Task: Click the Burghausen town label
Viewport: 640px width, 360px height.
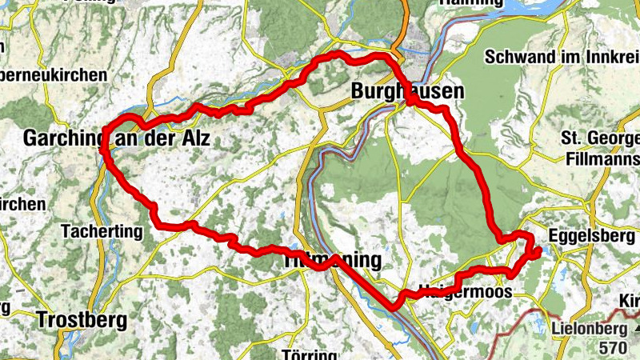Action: pos(407,92)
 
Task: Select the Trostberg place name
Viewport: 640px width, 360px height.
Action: pos(82,321)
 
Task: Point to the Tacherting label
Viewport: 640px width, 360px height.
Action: pos(101,232)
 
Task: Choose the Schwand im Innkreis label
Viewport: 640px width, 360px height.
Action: pos(558,57)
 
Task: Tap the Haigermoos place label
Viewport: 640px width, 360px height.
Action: pos(465,293)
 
